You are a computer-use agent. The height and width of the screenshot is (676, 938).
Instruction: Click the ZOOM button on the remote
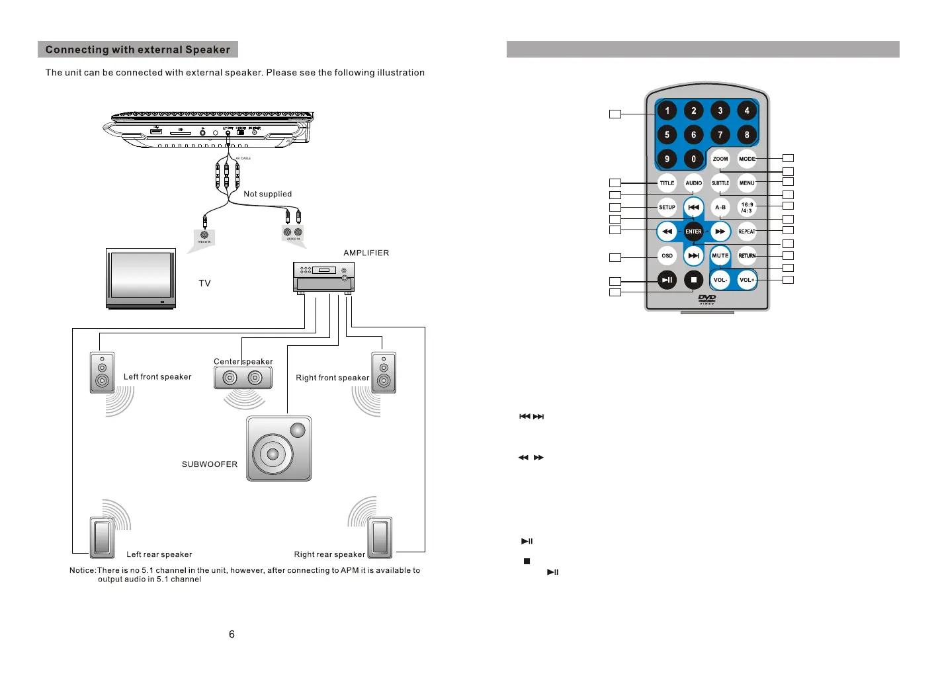(x=720, y=159)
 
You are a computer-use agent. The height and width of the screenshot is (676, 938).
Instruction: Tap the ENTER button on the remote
(x=693, y=232)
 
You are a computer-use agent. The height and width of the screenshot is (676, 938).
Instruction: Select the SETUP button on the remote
(x=667, y=207)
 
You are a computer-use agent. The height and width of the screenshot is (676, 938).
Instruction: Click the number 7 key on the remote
(x=720, y=135)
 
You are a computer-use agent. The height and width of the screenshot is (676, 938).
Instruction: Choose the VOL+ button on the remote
(x=747, y=280)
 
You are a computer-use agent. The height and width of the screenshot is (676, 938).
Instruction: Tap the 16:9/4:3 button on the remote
(x=747, y=207)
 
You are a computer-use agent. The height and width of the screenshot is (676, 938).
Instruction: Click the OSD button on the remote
(x=667, y=255)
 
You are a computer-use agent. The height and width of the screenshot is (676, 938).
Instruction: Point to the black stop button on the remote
(x=693, y=280)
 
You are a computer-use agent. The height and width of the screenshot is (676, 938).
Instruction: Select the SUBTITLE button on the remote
(x=720, y=183)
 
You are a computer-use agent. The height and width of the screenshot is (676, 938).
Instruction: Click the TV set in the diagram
(x=141, y=278)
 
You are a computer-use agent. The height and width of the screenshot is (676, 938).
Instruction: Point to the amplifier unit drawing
(x=323, y=276)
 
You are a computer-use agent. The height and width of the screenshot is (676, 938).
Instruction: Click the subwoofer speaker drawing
(x=278, y=448)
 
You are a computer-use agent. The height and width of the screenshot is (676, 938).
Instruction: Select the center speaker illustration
(x=243, y=378)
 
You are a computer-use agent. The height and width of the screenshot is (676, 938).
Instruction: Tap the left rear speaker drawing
(x=102, y=536)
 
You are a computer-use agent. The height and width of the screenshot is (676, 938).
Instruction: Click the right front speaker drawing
(x=384, y=373)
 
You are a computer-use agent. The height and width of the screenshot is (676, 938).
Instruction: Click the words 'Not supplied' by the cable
(x=267, y=194)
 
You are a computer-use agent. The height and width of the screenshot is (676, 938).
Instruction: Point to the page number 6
(x=232, y=634)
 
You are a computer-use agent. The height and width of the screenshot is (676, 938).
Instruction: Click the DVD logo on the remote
(x=706, y=299)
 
